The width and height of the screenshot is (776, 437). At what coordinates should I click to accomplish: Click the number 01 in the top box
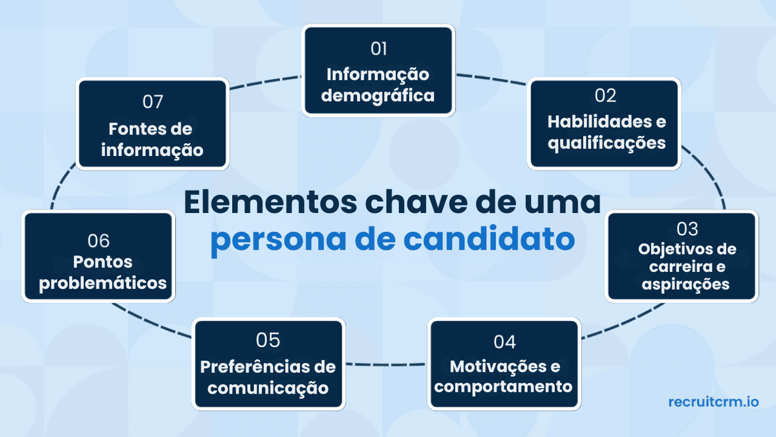click(378, 49)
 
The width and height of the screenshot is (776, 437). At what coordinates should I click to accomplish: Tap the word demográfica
click(378, 96)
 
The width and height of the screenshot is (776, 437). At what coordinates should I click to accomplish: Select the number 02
click(605, 96)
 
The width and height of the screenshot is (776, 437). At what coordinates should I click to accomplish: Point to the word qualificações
click(607, 142)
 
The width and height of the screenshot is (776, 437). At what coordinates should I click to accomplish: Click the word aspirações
click(686, 284)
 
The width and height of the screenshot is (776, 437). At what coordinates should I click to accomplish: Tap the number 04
click(504, 341)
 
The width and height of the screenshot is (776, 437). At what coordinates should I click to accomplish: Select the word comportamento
click(504, 387)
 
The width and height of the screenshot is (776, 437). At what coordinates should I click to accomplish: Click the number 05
click(267, 340)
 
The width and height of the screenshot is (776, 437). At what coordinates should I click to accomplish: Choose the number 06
click(99, 241)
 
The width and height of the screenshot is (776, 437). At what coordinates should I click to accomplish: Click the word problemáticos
click(103, 283)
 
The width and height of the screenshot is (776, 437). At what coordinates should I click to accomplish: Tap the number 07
click(153, 102)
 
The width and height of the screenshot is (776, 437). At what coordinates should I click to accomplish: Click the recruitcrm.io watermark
click(713, 402)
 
